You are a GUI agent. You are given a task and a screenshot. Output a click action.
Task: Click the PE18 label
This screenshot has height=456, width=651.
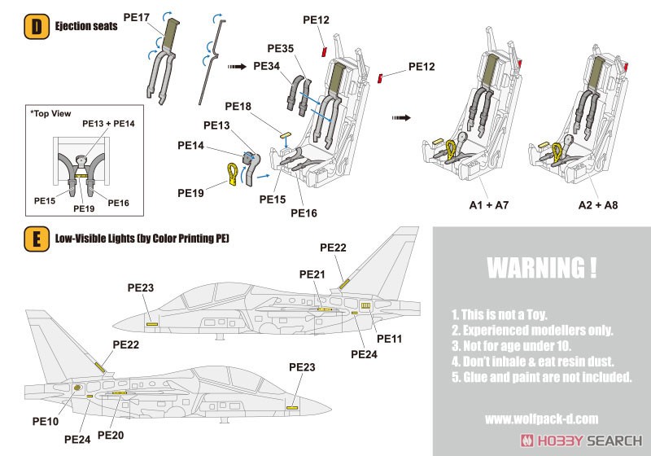(x=238, y=107)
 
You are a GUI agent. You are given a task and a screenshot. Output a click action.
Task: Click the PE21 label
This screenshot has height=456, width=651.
(x=312, y=274)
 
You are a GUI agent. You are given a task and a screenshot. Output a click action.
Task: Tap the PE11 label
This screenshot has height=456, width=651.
(x=389, y=337)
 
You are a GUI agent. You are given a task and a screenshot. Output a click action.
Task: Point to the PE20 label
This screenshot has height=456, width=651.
(x=111, y=436)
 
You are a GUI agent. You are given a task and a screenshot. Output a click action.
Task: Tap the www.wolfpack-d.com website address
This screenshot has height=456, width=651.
(x=541, y=419)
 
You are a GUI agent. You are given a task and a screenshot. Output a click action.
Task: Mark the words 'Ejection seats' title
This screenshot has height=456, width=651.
(x=86, y=26)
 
